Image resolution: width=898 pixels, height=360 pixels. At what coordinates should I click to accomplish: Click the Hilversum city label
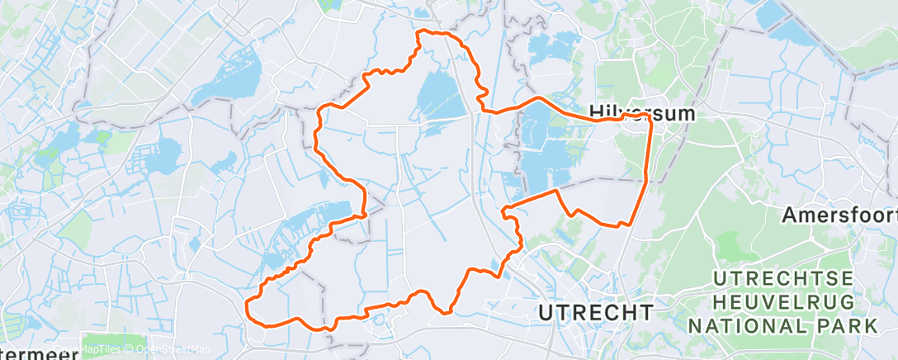[x=641, y=112]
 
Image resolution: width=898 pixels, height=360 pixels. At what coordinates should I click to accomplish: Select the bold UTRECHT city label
[x=595, y=312]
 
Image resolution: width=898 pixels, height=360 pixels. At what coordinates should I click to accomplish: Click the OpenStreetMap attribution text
[x=169, y=349]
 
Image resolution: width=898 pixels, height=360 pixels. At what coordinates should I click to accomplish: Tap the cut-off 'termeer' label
[x=37, y=353]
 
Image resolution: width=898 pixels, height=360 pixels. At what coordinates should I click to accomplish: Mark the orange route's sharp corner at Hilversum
[x=650, y=117]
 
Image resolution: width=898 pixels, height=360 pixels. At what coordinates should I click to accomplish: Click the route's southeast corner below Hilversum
[x=630, y=224]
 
